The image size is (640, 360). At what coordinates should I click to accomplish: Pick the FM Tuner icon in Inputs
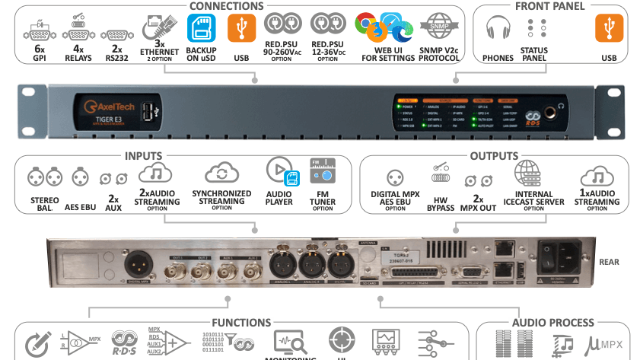(x=323, y=173)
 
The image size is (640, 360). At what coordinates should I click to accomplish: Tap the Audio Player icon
(x=279, y=173)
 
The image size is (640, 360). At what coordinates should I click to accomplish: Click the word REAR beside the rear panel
(x=609, y=263)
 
